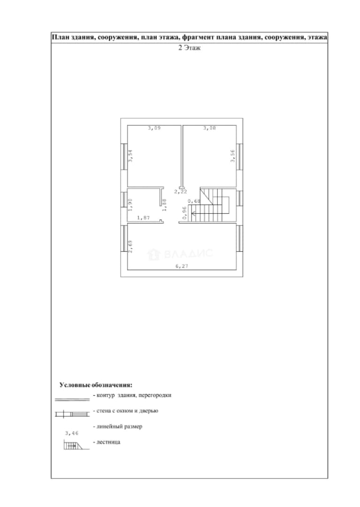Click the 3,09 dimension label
point(154,128)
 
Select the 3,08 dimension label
point(209,128)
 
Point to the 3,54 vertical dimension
point(130,156)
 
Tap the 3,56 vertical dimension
point(233,156)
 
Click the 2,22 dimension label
point(181,192)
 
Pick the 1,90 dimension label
point(130,204)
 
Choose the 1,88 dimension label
point(164,205)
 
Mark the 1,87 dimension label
point(144,218)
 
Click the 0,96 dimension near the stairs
point(184,213)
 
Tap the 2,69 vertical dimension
point(130,246)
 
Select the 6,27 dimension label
point(182,267)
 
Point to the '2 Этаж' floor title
point(190,48)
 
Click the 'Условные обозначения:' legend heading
point(96,385)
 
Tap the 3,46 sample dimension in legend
point(72,433)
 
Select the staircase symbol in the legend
point(76,445)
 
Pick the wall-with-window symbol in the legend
point(72,414)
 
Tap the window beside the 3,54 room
point(123,156)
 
